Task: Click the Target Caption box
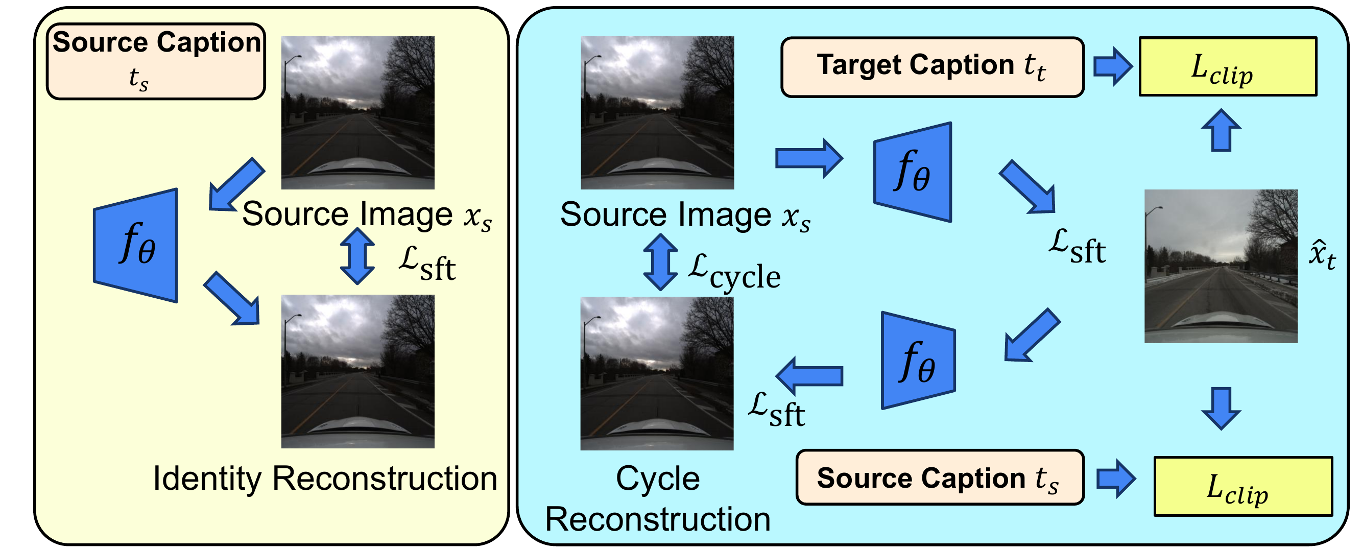pos(931,67)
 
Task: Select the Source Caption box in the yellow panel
pos(156,61)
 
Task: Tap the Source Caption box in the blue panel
pos(940,477)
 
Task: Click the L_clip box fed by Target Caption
pos(1227,66)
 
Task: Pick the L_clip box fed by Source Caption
pos(1242,486)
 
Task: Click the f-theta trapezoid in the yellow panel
pos(136,246)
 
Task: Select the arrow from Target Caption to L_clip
pos(1112,66)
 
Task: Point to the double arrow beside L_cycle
pos(660,262)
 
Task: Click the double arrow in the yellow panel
pos(357,256)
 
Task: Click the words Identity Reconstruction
pos(325,479)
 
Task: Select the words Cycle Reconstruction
pos(658,499)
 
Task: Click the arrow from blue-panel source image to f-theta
pos(808,158)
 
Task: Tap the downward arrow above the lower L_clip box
pos(1221,408)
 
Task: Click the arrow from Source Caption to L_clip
pos(1116,479)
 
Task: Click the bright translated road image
pos(1221,266)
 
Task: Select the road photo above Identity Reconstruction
pos(357,371)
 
